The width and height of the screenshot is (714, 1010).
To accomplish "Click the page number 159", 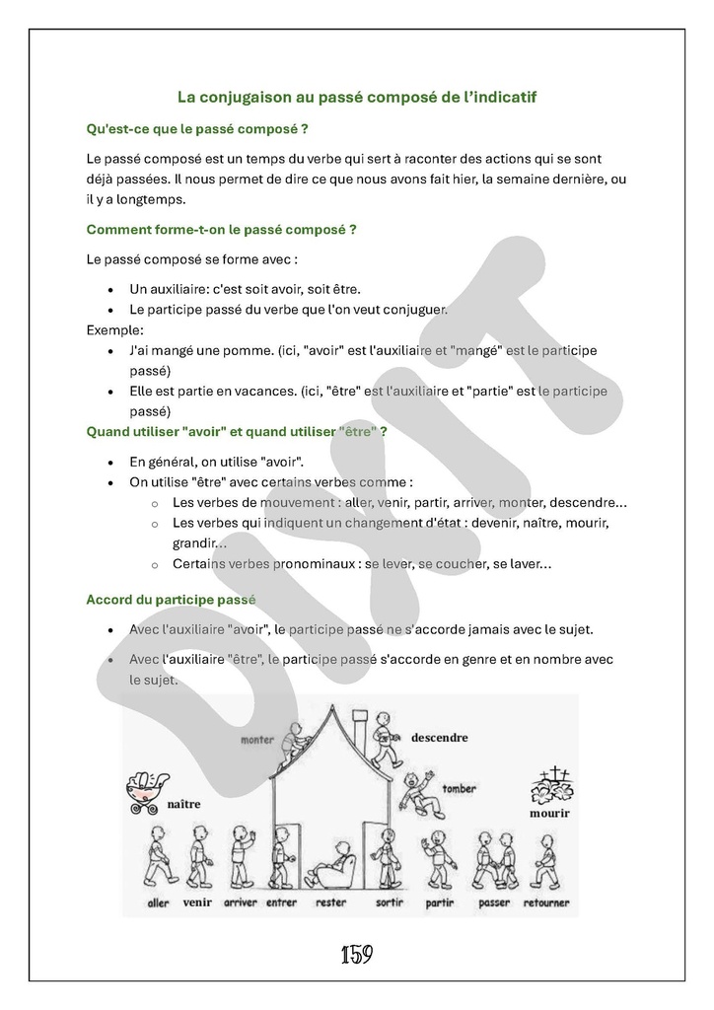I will (356, 955).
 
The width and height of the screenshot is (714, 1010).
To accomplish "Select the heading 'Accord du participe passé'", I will (171, 599).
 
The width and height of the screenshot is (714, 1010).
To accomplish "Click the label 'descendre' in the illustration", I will (439, 737).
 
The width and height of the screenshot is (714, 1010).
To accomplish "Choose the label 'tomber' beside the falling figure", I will (460, 789).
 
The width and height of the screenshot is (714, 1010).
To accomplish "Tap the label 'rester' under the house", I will (330, 902).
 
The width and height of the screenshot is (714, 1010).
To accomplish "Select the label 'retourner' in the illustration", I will (545, 902).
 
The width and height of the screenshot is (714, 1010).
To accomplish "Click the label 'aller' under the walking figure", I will (158, 902).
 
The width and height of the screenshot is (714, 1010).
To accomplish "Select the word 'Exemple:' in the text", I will (115, 329).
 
